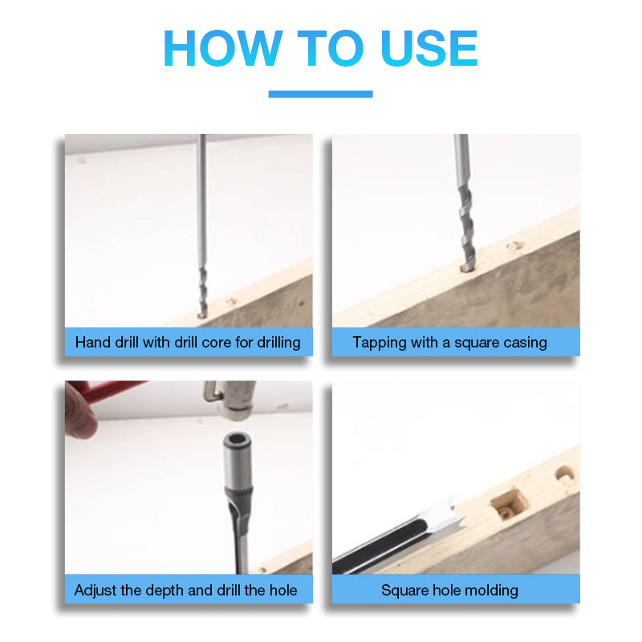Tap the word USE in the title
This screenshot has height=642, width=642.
click(429, 48)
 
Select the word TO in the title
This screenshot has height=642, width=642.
click(331, 48)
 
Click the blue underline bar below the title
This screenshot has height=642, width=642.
click(320, 94)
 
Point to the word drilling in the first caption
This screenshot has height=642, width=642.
click(278, 343)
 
